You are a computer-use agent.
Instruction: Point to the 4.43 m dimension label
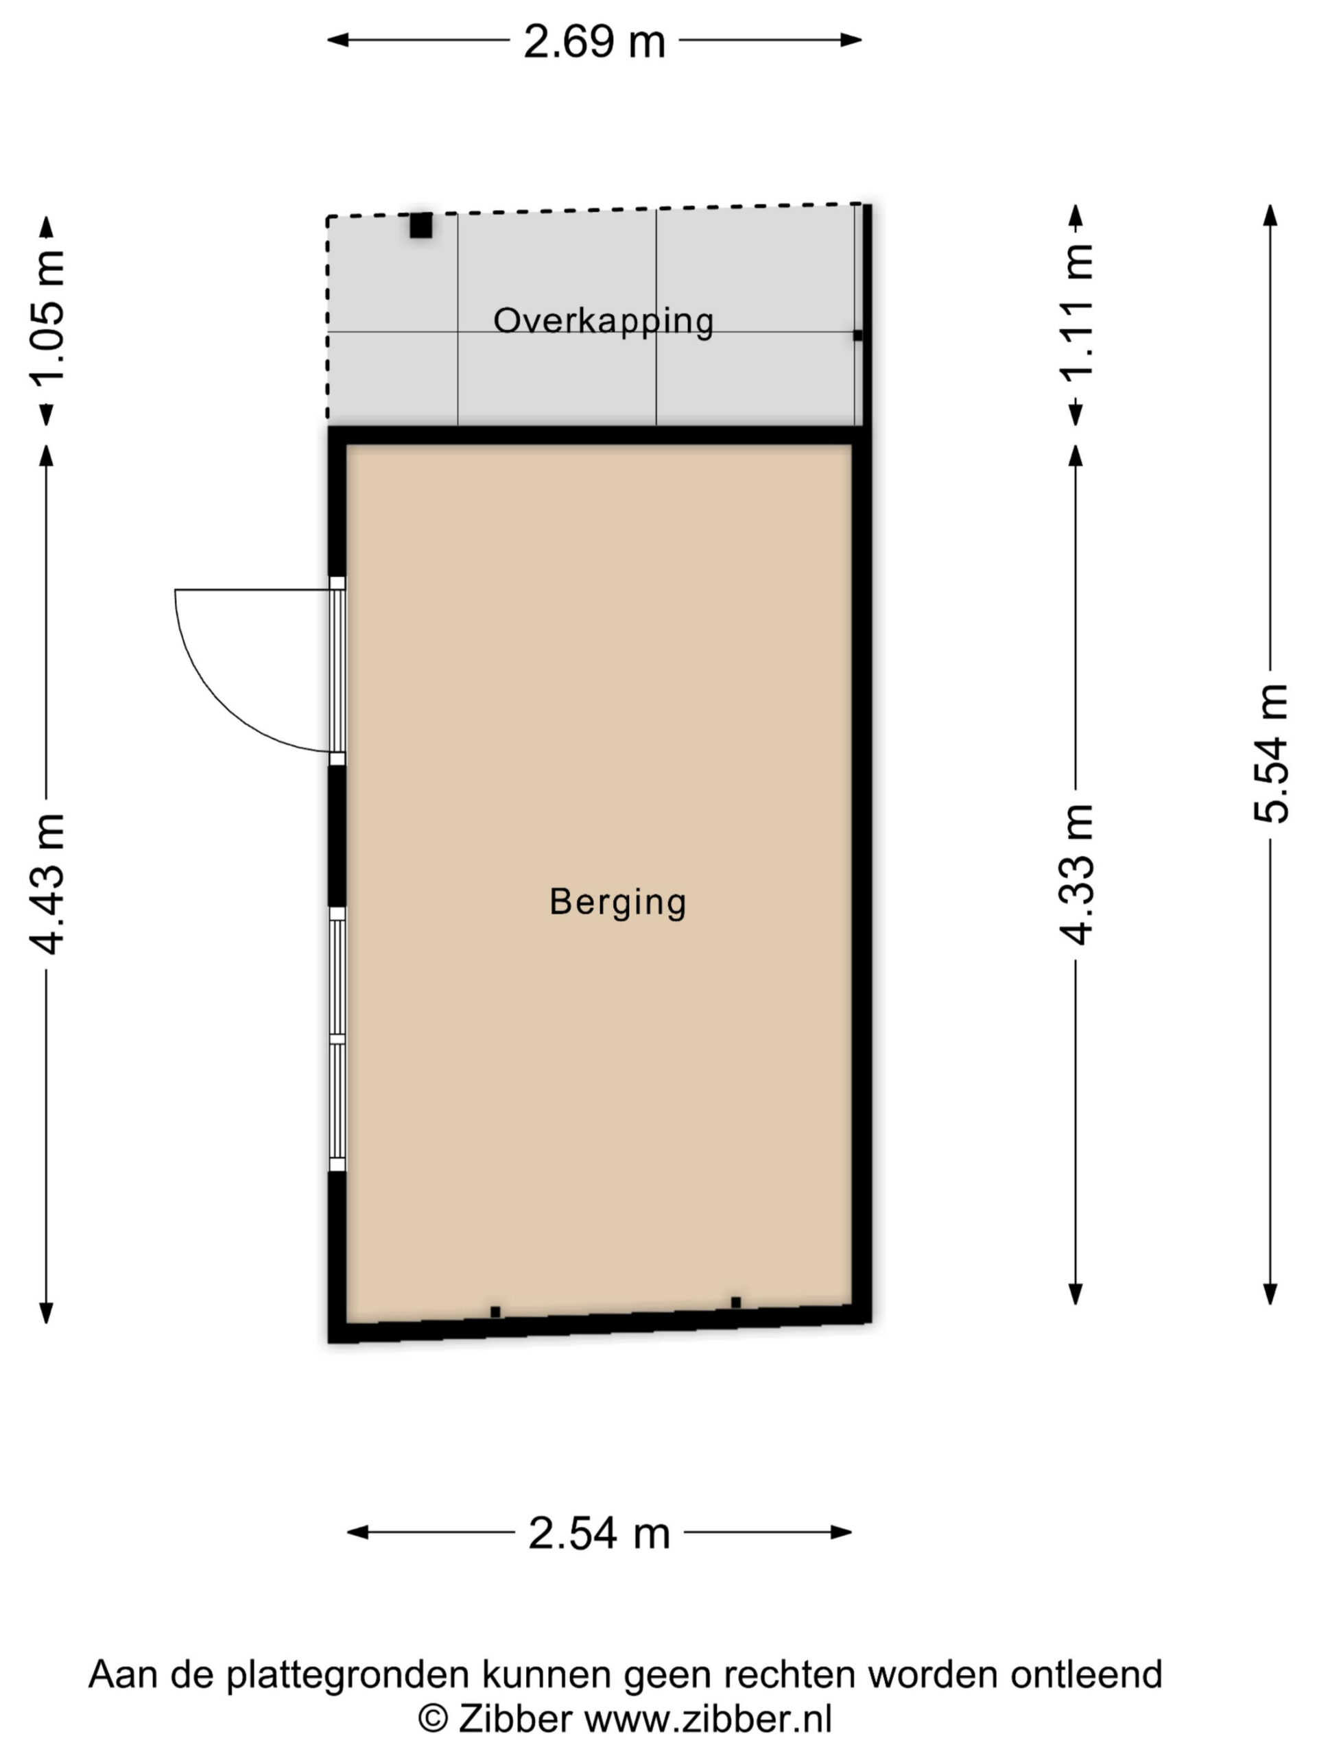click(x=47, y=883)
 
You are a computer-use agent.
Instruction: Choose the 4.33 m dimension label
click(x=1076, y=874)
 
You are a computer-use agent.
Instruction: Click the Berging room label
click(x=617, y=903)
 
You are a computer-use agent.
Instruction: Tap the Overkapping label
click(x=604, y=322)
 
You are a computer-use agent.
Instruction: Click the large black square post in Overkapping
click(x=420, y=226)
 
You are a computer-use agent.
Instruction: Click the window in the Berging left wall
click(x=337, y=1040)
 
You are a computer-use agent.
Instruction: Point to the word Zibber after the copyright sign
click(x=514, y=1720)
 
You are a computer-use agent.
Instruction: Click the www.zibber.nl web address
click(x=708, y=1720)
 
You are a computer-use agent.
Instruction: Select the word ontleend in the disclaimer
click(x=1086, y=1674)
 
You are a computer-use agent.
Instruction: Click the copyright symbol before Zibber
click(x=433, y=1720)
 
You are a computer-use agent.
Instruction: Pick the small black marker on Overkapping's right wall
click(x=857, y=336)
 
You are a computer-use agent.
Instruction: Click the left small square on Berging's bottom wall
click(x=495, y=1312)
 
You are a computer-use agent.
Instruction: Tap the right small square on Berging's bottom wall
click(x=736, y=1303)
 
